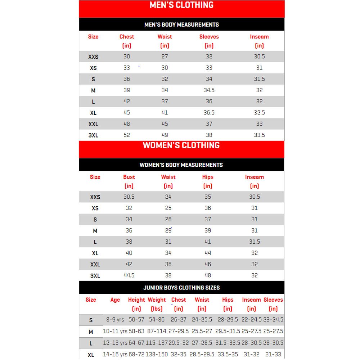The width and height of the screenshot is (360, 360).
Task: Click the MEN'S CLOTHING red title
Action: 181,5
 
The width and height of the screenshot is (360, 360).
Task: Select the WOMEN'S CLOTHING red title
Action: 181,145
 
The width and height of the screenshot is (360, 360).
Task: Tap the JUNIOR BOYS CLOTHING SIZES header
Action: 181,288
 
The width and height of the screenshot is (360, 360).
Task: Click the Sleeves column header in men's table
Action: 209,37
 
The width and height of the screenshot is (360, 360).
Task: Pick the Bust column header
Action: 129,177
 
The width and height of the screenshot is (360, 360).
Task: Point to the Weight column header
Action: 157,300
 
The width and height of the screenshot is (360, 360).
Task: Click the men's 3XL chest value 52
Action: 127,135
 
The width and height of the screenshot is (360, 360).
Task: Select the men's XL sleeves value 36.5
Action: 209,113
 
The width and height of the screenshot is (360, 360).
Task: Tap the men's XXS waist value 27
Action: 165,57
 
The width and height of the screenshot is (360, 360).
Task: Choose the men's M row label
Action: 93,91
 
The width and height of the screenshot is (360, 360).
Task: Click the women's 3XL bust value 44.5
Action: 129,275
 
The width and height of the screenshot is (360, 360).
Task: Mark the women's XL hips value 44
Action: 208,253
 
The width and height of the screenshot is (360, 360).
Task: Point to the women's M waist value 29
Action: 168,230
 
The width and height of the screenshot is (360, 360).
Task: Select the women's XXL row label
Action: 95,265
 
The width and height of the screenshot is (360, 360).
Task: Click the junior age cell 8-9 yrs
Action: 115,320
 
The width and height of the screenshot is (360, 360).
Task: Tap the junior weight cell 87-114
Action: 157,331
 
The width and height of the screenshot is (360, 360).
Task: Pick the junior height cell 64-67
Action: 136,343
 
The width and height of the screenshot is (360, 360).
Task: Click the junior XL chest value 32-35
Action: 179,355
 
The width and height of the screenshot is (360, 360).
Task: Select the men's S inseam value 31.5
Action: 259,79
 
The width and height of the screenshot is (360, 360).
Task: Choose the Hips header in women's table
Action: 208,177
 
